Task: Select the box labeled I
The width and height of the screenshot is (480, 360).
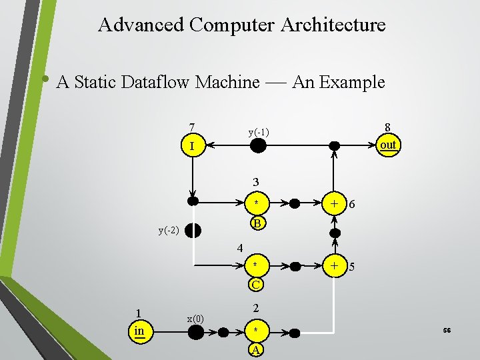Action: pyautogui.click(x=192, y=145)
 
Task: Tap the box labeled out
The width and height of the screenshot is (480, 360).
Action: pyautogui.click(x=387, y=145)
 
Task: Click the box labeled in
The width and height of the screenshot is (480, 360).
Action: pyautogui.click(x=139, y=331)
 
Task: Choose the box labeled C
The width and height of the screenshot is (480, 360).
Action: pyautogui.click(x=255, y=285)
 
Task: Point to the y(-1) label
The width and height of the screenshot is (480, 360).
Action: pyautogui.click(x=259, y=132)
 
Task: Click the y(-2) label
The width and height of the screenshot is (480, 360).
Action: pyautogui.click(x=168, y=231)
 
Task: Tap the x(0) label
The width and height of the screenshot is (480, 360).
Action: pyautogui.click(x=195, y=319)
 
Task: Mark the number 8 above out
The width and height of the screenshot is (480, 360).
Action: pyautogui.click(x=387, y=127)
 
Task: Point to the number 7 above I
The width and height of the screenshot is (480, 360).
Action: pyautogui.click(x=192, y=127)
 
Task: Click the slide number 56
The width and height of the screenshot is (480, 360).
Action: pyautogui.click(x=446, y=331)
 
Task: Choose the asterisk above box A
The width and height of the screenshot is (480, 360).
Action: pyautogui.click(x=255, y=331)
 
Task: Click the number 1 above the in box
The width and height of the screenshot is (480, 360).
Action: pyautogui.click(x=138, y=313)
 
